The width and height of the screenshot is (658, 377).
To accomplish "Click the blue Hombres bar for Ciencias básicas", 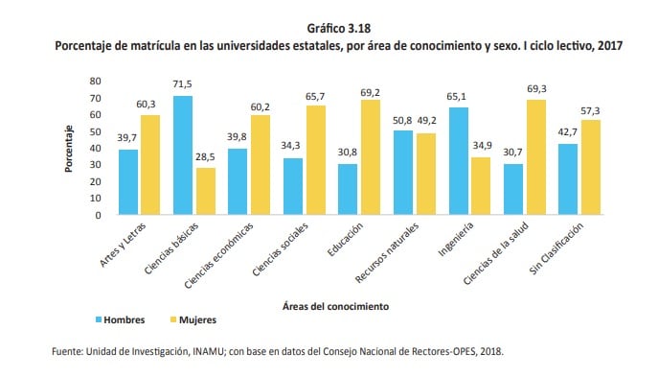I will (x=182, y=155).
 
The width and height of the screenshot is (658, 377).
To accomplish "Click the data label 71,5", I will (x=182, y=85).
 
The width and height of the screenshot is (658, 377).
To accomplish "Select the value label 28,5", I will (x=205, y=157).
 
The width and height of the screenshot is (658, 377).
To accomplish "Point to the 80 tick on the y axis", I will (x=95, y=82).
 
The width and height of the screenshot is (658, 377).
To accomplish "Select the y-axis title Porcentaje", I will (x=70, y=148).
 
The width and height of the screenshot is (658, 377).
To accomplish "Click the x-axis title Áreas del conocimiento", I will (x=336, y=306).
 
